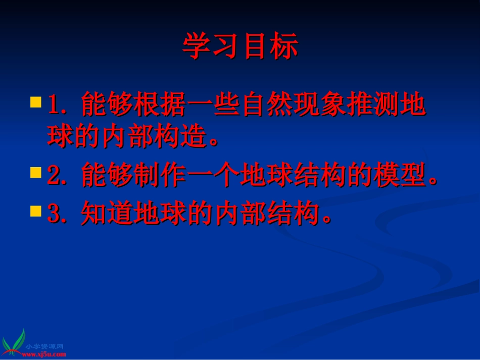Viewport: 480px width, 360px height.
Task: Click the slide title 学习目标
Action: [240, 46]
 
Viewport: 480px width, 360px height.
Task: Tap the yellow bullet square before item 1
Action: [35, 102]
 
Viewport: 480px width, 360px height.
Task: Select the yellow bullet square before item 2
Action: [35, 173]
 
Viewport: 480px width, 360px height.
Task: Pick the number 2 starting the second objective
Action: [53, 176]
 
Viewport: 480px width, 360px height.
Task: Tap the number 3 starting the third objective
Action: [53, 214]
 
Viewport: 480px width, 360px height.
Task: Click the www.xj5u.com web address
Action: [44, 354]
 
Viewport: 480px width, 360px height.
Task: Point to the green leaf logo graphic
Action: [14, 341]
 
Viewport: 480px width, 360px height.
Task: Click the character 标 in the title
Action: [283, 46]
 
